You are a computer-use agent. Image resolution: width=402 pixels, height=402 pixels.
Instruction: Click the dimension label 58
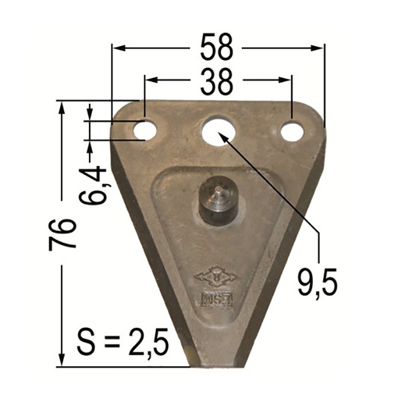tap(217, 48)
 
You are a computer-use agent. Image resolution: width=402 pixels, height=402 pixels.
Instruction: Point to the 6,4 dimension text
tap(94, 185)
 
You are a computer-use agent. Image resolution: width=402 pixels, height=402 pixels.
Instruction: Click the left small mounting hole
tap(145, 130)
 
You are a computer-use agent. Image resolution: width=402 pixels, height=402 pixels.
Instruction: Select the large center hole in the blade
tap(218, 130)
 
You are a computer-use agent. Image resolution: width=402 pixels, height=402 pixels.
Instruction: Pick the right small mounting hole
tap(292, 131)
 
